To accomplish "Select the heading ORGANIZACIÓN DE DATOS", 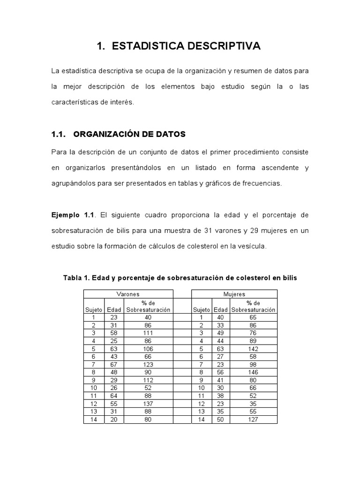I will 130,135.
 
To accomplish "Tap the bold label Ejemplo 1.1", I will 73,215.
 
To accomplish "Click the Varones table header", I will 128,294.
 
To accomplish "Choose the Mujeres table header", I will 234,294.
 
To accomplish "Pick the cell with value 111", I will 148,333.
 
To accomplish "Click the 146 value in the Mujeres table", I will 254,373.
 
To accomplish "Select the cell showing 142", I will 254,349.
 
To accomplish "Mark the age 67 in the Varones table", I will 114,365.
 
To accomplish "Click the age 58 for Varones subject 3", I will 114,333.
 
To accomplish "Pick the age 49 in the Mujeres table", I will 220,333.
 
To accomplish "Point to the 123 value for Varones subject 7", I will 148,365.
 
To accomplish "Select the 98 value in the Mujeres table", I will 254,365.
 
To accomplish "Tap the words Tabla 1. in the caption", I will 76,278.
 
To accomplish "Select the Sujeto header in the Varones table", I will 94,310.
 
